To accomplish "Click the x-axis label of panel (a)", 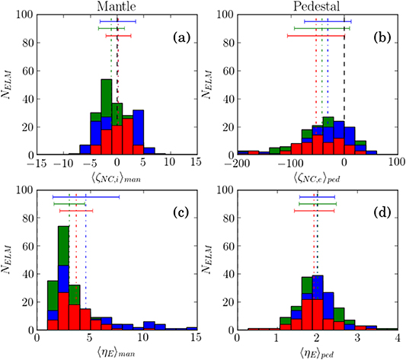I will point(116,179).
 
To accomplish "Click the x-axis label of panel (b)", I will point(317,179).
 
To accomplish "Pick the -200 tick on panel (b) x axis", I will point(238,164).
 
